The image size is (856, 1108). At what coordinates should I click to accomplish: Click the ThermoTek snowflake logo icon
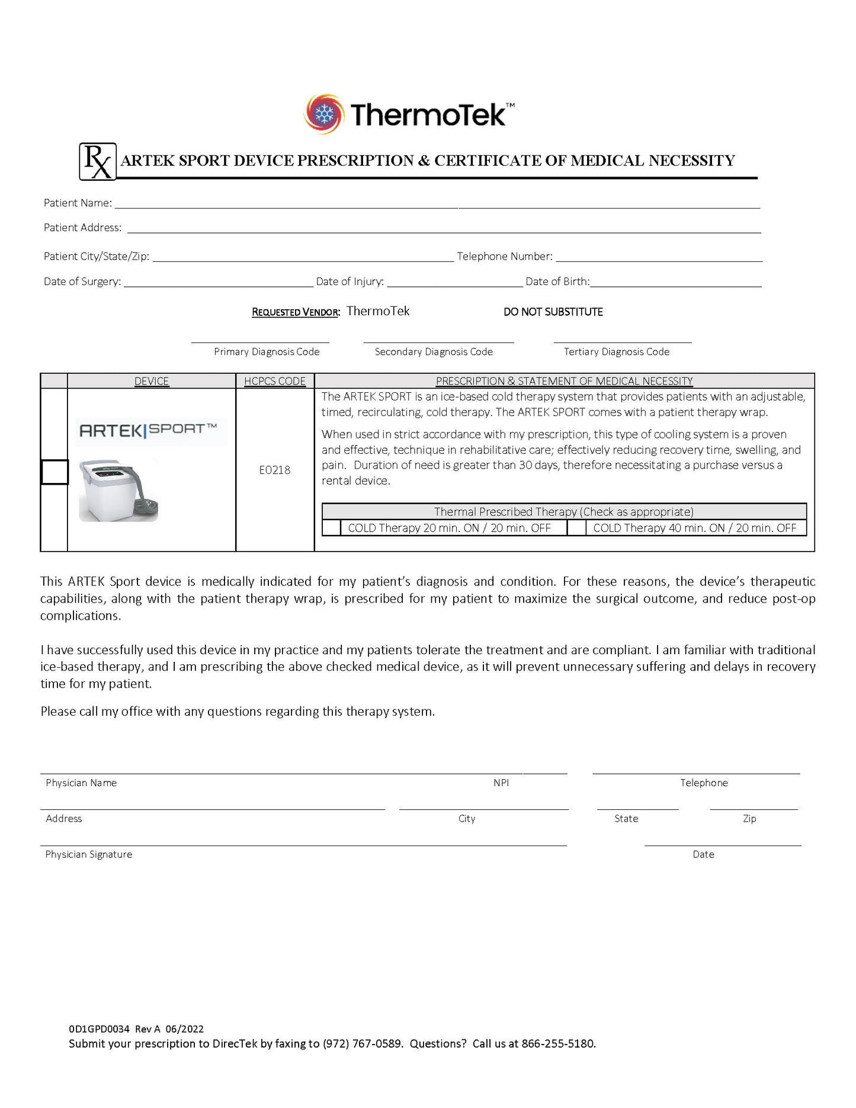pyautogui.click(x=323, y=113)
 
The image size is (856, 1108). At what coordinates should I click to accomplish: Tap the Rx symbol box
pyautogui.click(x=98, y=161)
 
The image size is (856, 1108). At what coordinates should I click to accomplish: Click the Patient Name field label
pyautogui.click(x=78, y=203)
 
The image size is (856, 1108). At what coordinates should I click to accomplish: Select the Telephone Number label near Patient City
pyautogui.click(x=505, y=257)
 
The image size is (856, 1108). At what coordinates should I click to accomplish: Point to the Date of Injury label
pyautogui.click(x=350, y=281)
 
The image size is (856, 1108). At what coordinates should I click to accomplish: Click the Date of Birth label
pyautogui.click(x=557, y=281)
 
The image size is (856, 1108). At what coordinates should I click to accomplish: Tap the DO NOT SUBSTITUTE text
pyautogui.click(x=553, y=312)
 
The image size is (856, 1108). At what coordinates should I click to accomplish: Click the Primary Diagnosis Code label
pyautogui.click(x=267, y=352)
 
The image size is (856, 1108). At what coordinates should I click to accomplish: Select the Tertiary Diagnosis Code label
pyautogui.click(x=616, y=352)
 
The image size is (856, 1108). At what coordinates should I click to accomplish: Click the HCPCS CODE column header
pyautogui.click(x=275, y=381)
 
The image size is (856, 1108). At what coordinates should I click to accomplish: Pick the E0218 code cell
pyautogui.click(x=275, y=470)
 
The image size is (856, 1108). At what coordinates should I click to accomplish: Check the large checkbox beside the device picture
pyautogui.click(x=54, y=472)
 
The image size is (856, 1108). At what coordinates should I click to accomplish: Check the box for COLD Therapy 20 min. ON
pyautogui.click(x=332, y=528)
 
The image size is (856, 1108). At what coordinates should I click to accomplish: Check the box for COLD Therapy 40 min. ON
pyautogui.click(x=576, y=528)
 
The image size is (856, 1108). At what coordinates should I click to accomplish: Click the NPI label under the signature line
pyautogui.click(x=501, y=783)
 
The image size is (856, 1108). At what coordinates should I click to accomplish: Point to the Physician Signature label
pyautogui.click(x=89, y=854)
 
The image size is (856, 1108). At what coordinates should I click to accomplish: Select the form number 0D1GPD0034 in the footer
pyautogui.click(x=99, y=1029)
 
